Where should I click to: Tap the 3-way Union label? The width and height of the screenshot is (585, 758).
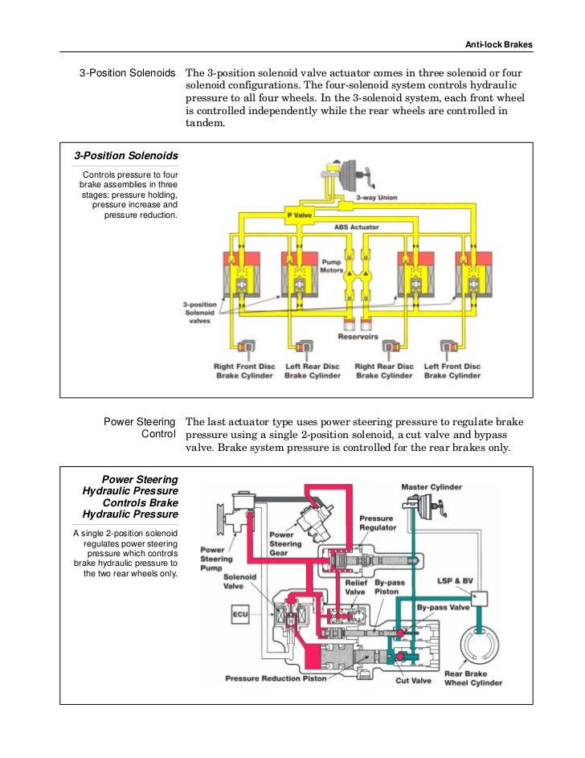click(x=387, y=198)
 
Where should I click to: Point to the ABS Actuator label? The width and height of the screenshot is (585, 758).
click(x=357, y=227)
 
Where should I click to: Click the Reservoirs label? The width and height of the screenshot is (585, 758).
click(x=358, y=337)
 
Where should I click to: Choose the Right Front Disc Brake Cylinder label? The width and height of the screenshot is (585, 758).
click(x=244, y=371)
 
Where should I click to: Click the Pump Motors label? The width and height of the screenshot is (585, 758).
click(x=332, y=266)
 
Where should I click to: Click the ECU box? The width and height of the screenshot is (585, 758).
click(x=240, y=615)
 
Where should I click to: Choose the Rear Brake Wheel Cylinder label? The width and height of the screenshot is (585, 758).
click(x=473, y=678)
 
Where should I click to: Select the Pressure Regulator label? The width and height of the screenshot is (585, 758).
click(x=378, y=523)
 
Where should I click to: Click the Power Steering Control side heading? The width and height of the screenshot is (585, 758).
click(x=139, y=428)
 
